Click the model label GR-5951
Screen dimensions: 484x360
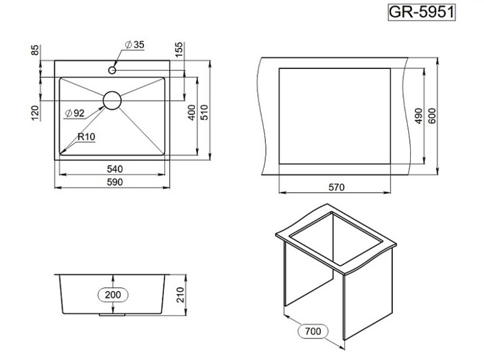(422, 13)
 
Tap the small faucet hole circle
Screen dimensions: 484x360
(112, 70)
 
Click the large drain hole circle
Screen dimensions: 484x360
(112, 100)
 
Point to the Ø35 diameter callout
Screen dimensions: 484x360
(134, 45)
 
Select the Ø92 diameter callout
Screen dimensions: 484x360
(75, 113)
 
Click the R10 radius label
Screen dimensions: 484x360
(86, 136)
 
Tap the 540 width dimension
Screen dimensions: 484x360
(115, 169)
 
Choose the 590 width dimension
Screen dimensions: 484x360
(115, 182)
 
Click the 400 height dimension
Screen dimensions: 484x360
(192, 113)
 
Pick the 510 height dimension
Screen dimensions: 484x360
(205, 113)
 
